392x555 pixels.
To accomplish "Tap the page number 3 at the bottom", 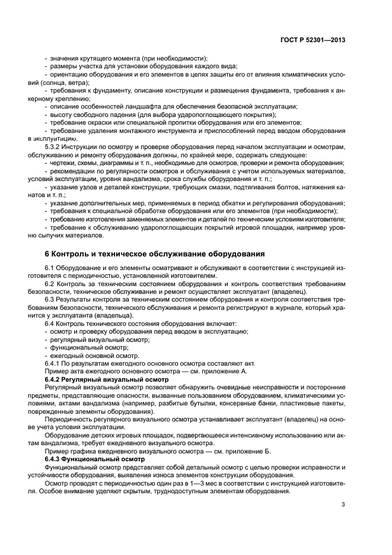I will [343, 505].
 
